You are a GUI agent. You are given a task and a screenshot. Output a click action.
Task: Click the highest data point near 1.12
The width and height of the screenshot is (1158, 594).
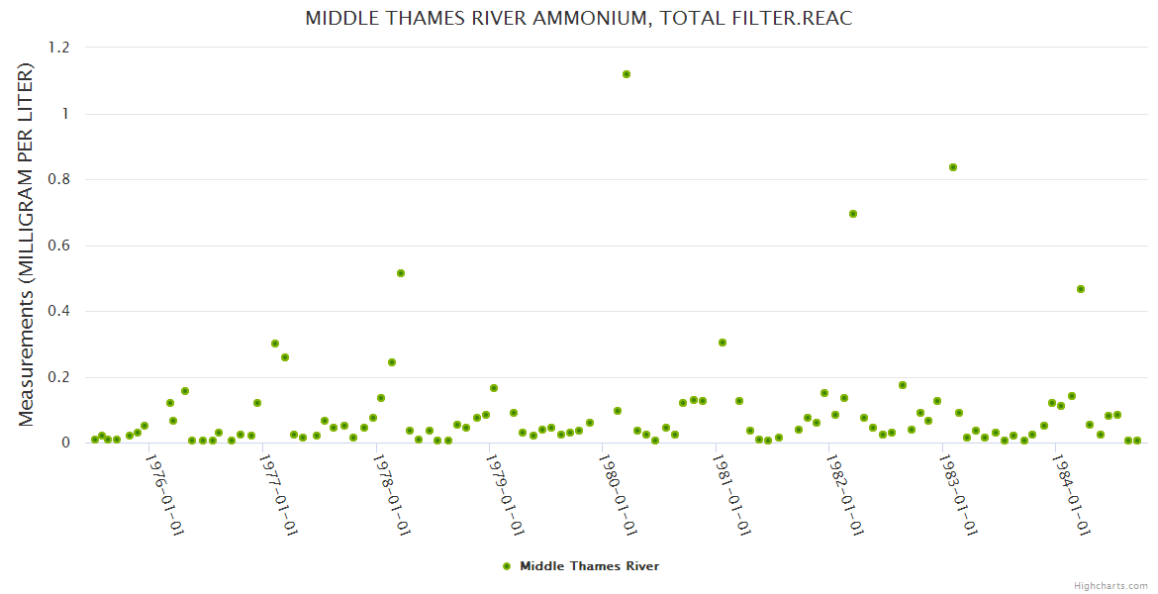tap(627, 74)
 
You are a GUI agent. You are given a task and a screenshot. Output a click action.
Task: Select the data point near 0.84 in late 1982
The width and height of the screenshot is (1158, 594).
tap(953, 167)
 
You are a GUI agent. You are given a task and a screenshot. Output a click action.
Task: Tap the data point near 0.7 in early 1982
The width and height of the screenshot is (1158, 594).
tap(853, 214)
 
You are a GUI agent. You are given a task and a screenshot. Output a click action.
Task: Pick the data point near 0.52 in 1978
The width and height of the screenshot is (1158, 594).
tap(401, 273)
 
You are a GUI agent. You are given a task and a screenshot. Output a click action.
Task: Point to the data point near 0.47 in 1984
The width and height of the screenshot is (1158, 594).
tap(1081, 289)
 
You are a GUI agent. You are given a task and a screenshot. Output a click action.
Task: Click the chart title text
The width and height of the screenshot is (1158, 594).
tap(579, 19)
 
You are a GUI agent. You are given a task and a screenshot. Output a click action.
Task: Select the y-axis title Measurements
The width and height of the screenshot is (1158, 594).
tap(27, 245)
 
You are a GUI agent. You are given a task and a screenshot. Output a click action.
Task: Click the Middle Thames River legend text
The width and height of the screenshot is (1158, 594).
tap(589, 566)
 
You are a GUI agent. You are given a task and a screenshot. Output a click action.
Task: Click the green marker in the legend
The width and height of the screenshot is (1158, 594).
tap(507, 566)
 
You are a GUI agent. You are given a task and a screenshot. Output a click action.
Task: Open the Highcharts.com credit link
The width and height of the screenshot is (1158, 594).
tap(1110, 585)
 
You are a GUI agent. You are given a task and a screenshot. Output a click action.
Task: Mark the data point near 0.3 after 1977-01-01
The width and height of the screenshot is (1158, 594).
tap(275, 344)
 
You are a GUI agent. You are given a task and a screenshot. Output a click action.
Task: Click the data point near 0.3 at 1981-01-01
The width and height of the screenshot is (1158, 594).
tap(723, 343)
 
